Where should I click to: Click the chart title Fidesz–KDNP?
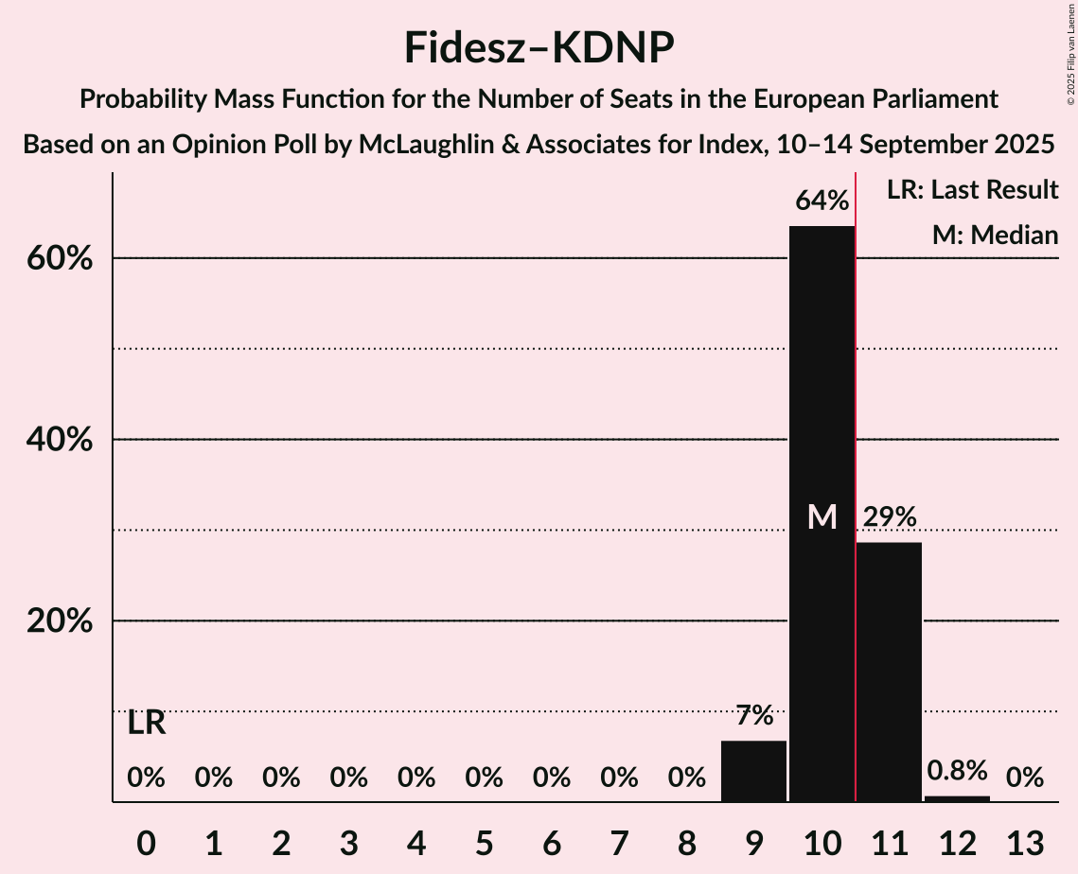[x=539, y=47]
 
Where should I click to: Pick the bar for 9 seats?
[x=753, y=771]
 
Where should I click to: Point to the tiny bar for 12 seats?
[x=957, y=798]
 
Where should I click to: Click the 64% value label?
[x=822, y=201]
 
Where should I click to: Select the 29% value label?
[x=889, y=517]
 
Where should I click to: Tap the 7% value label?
[x=753, y=716]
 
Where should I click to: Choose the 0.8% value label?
[x=957, y=771]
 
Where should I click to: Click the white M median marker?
[x=822, y=516]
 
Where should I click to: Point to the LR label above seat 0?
[x=147, y=724]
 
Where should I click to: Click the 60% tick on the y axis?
[x=63, y=259]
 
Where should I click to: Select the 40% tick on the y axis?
[x=63, y=441]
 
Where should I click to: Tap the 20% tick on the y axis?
[x=63, y=622]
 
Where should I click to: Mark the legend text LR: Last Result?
[x=972, y=190]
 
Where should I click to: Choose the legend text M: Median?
[x=995, y=236]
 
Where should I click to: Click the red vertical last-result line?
[x=856, y=473]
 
